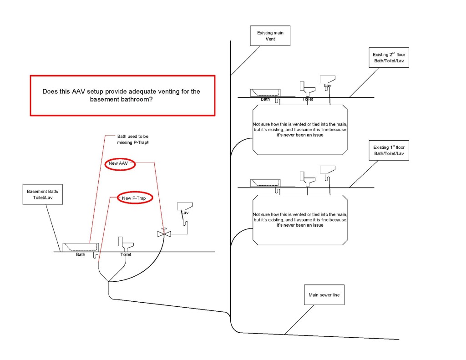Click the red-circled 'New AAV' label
point(120,164)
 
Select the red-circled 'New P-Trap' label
point(134,198)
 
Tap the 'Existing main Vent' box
point(270,36)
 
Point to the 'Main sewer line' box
point(324,295)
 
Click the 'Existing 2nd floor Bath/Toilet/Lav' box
point(388,57)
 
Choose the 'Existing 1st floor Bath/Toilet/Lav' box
point(388,150)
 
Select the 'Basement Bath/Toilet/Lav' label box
point(42,195)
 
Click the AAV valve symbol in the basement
point(163,233)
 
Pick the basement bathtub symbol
point(81,247)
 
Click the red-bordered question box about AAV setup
point(122,96)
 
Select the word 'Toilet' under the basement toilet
point(126,255)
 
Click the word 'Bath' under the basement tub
point(81,255)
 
